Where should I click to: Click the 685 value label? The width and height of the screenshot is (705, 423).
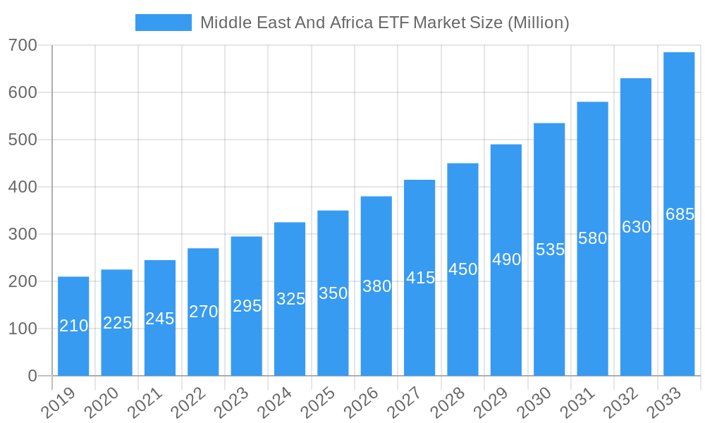coord(680,214)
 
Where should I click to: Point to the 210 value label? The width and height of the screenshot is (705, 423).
coord(73,326)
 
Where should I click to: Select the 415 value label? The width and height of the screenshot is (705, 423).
coord(420,278)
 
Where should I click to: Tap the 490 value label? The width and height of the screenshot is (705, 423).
coord(506,259)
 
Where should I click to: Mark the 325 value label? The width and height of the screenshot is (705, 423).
coord(290,299)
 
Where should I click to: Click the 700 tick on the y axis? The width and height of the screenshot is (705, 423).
coord(23,46)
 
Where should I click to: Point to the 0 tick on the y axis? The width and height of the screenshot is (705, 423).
coord(32,376)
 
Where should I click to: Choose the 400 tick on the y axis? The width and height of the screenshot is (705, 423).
coord(23,187)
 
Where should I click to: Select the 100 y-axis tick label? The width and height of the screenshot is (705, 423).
coord(23,329)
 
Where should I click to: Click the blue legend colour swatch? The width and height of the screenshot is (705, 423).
coord(163,23)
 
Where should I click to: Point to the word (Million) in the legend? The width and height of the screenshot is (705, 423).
coord(538,23)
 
